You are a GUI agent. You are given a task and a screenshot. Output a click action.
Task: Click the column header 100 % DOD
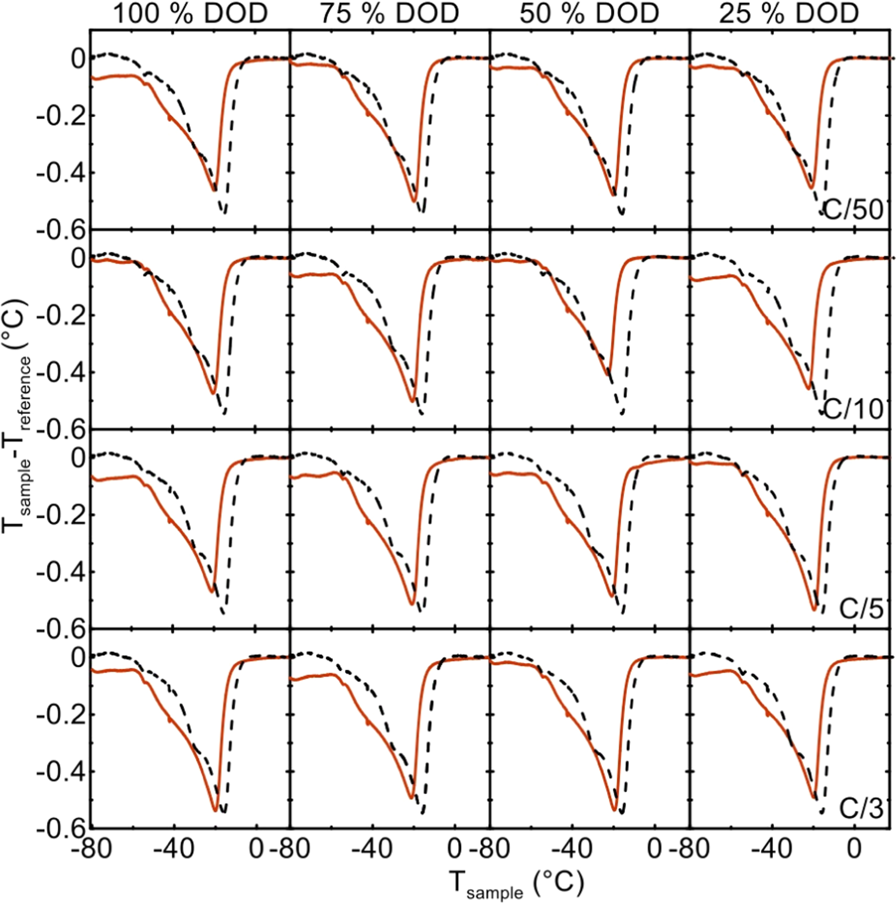tap(191, 14)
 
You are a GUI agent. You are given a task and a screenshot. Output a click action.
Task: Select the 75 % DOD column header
tap(389, 14)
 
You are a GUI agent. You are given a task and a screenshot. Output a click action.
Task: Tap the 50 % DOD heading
tap(589, 14)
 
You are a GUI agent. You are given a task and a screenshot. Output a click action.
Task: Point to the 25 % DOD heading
tap(789, 14)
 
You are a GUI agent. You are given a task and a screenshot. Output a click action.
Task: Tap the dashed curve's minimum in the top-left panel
tap(224, 213)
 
